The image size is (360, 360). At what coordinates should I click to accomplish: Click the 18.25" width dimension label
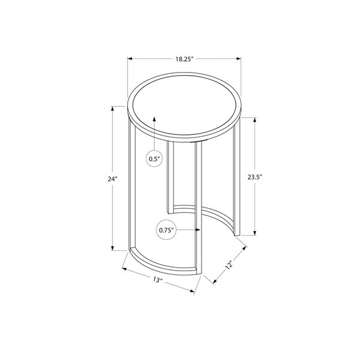point(184,59)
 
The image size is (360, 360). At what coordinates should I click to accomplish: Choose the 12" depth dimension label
point(229,265)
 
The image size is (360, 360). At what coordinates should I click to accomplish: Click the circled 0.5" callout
point(155,159)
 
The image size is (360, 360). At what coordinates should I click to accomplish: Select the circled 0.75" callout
point(166,229)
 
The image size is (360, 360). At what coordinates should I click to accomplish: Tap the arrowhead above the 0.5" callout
point(155,119)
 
